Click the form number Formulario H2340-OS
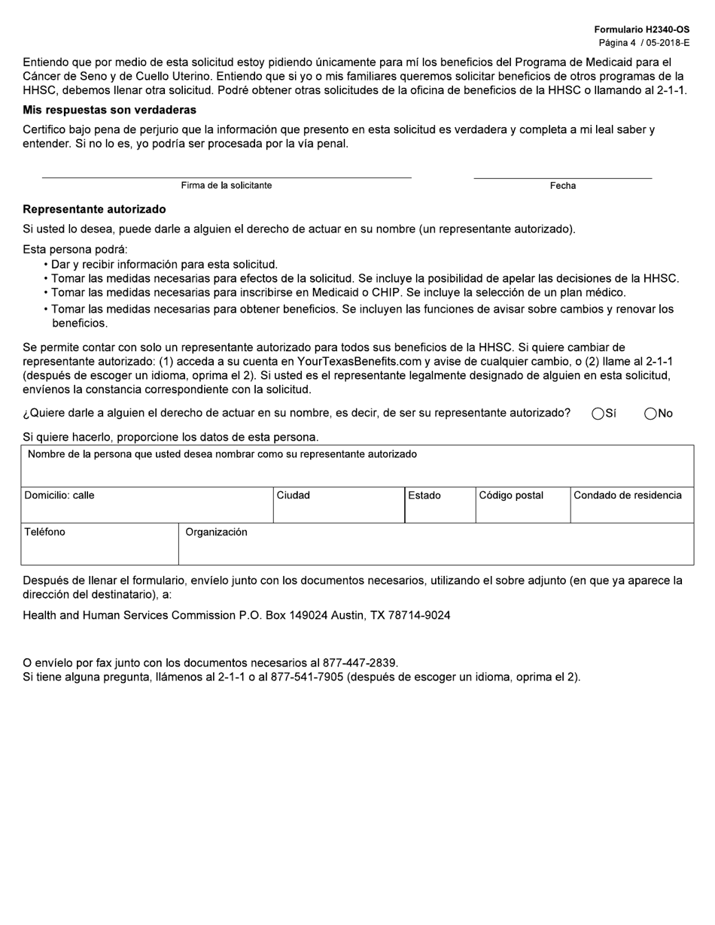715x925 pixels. tap(641, 29)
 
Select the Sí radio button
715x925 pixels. tap(598, 414)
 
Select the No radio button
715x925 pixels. tap(651, 414)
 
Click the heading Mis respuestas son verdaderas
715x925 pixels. tap(110, 110)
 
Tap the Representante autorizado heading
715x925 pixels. tap(94, 209)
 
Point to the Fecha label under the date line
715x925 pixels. tap(562, 186)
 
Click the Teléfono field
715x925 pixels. tap(99, 548)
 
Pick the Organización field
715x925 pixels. tap(435, 548)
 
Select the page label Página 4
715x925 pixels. tap(617, 43)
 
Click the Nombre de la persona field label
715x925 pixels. tap(222, 454)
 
